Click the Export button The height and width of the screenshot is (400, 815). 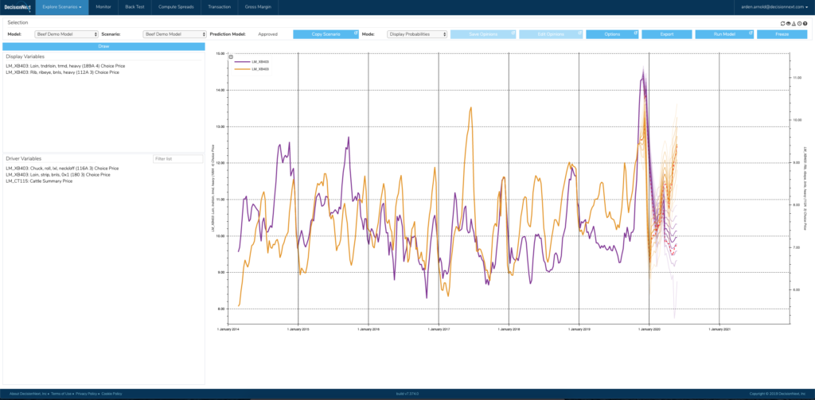[x=666, y=34]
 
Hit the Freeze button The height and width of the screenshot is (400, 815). [x=782, y=34]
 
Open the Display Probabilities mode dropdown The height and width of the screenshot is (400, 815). [x=415, y=34]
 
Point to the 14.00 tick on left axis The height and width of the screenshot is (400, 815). [x=220, y=90]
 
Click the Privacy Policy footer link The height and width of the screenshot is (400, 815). [x=87, y=393]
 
